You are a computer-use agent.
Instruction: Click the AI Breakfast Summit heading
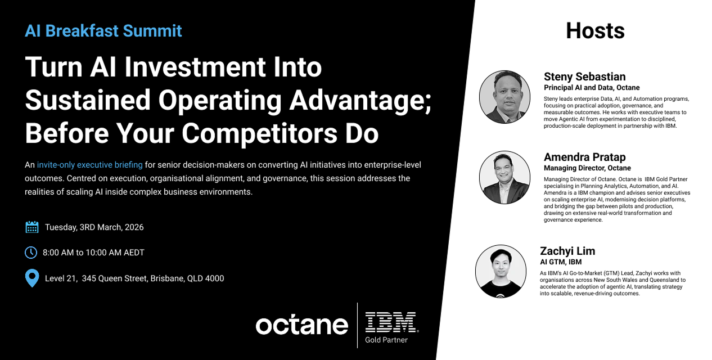point(103,31)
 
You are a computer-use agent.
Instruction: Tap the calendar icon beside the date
point(32,227)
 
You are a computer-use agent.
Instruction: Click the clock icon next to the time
point(31,253)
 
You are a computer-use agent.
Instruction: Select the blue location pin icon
point(32,278)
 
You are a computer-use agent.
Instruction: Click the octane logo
point(301,325)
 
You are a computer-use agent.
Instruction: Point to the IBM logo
point(391,322)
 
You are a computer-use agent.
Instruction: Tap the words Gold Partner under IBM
point(386,340)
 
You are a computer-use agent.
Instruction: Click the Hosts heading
point(596,31)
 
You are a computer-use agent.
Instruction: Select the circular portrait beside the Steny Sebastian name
point(505,97)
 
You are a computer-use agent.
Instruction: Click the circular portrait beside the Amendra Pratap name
point(505,177)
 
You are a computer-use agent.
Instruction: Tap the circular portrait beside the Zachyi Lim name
point(501,271)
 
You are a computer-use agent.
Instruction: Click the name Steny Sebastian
point(584,76)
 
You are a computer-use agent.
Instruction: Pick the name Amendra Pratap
point(584,157)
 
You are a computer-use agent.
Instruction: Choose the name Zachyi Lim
point(567,251)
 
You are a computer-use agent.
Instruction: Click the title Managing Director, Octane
point(587,168)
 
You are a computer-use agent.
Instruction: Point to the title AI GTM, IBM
point(561,262)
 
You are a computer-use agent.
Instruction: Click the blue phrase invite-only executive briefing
point(89,165)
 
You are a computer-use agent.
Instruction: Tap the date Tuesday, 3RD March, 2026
point(94,227)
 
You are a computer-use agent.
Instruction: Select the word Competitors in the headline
point(259,133)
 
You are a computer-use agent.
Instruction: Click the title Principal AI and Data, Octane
point(592,88)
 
